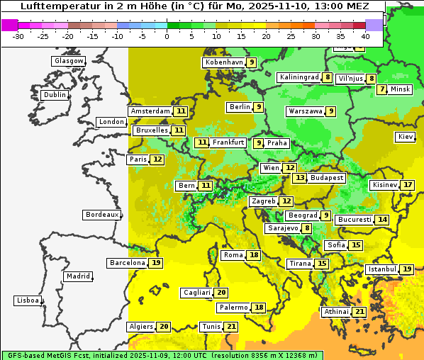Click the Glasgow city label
(68, 61)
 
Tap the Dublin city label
(54, 95)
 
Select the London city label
(111, 122)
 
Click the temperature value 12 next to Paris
(157, 159)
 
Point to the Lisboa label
(27, 300)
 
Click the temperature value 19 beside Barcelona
(156, 263)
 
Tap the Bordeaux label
(101, 215)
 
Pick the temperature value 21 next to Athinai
(359, 312)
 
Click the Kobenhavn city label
(223, 62)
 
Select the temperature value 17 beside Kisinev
(407, 185)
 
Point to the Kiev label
(405, 137)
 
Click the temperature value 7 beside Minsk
(382, 89)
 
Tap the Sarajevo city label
(283, 228)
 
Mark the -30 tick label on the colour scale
(19, 35)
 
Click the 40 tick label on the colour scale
(364, 35)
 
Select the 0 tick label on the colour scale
(167, 35)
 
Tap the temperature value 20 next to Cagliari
(221, 293)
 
